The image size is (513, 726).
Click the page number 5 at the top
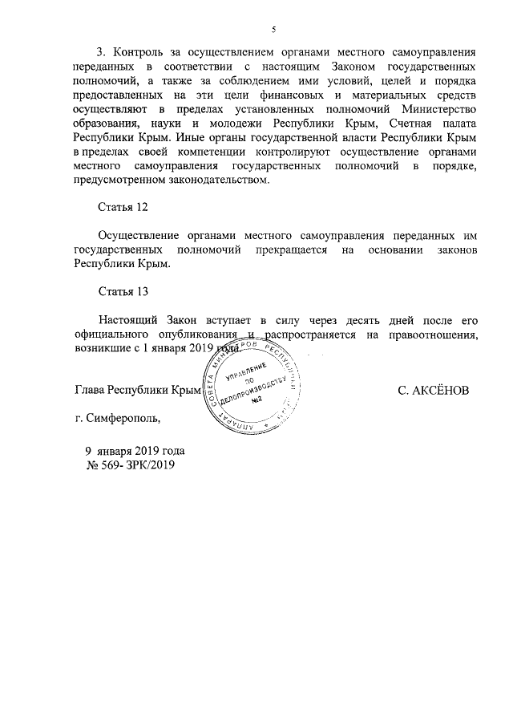273,30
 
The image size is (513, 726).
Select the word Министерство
440,110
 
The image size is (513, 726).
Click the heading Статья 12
123,208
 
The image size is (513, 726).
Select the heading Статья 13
123,290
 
